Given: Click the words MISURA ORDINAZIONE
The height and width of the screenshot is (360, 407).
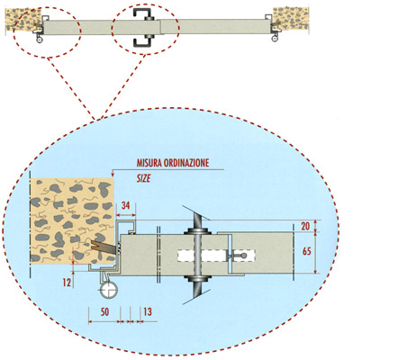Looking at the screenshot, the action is click(x=173, y=163).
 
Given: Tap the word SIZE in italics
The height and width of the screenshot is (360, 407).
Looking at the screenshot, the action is click(x=143, y=179).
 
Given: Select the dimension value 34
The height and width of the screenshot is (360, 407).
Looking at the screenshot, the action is click(x=126, y=205).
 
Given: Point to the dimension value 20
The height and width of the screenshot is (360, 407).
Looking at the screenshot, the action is click(x=305, y=226).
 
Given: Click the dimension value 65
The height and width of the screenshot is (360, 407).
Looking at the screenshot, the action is click(x=307, y=251).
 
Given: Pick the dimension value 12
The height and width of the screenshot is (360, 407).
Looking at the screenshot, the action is click(x=67, y=283).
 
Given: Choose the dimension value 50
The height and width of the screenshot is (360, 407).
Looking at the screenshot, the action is click(x=104, y=312).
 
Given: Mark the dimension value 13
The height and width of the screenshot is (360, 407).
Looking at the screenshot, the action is click(x=148, y=312).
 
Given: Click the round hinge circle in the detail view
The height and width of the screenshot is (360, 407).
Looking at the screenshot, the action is click(x=108, y=291).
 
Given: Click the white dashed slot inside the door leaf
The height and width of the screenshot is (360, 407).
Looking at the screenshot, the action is click(x=216, y=256).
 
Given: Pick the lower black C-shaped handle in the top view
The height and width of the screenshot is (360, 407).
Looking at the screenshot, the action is click(x=144, y=41).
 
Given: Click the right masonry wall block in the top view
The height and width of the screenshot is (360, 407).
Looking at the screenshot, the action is click(x=291, y=19).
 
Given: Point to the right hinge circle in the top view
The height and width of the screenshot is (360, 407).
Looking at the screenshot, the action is click(x=275, y=39).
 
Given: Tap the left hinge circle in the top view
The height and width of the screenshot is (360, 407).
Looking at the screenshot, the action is click(x=40, y=40).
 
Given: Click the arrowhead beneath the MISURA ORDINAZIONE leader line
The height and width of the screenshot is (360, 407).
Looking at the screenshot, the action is click(x=112, y=174).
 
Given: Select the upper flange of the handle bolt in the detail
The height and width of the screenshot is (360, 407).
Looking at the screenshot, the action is click(x=196, y=231).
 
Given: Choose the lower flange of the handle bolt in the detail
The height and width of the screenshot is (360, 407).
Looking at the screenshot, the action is click(x=196, y=279).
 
